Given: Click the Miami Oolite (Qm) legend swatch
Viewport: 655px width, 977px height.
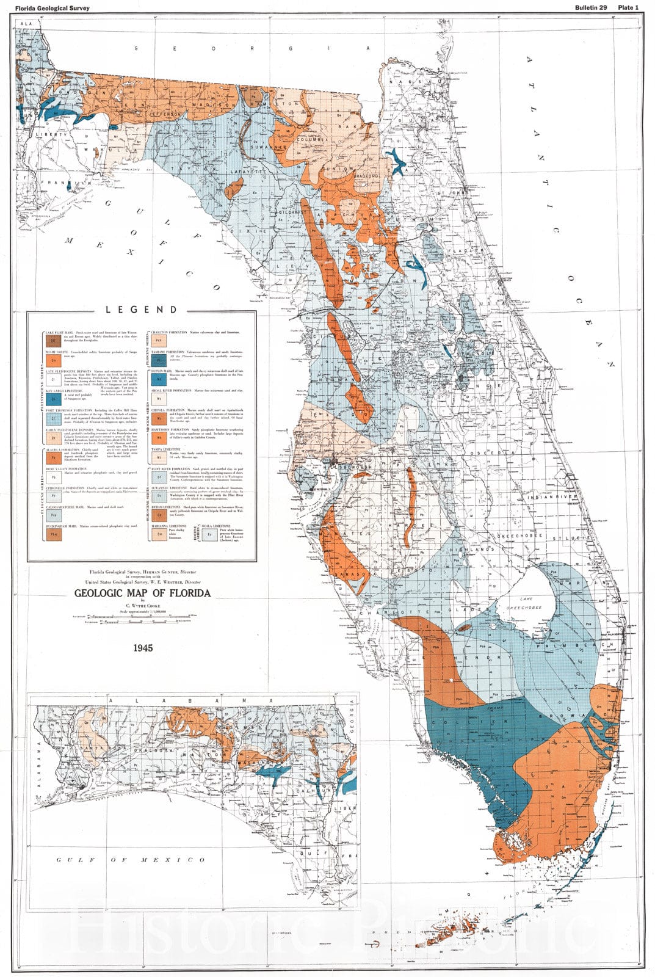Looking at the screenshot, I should [54, 362].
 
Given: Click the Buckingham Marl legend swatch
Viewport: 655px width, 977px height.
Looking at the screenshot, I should [54, 533].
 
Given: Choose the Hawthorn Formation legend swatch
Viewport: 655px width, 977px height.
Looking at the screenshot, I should [158, 437].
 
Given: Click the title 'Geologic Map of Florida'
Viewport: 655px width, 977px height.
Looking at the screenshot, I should [142, 593].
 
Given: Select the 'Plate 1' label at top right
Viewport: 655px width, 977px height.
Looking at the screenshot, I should [628, 7].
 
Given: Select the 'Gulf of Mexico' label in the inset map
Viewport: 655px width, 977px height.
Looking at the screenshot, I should [131, 860].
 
